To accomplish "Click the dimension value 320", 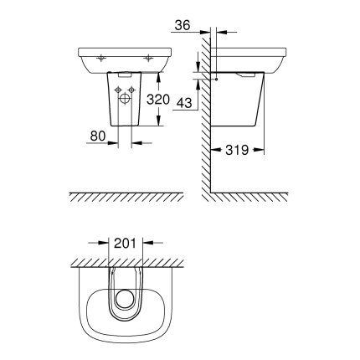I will (x=158, y=99).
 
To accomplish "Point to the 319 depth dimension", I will (x=237, y=151).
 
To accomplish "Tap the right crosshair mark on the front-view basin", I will (x=148, y=58).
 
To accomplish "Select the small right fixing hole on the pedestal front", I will (x=133, y=90).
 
